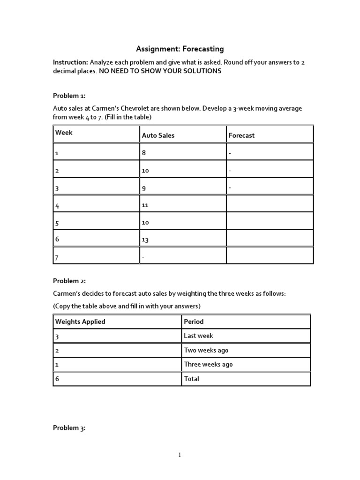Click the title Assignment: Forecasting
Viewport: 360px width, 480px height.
point(180,49)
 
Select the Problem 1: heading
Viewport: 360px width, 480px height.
point(69,96)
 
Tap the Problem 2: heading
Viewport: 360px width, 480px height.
point(69,281)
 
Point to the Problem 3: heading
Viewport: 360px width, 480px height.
point(69,427)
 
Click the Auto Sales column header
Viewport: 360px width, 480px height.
point(158,135)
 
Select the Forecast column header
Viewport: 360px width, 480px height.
point(241,135)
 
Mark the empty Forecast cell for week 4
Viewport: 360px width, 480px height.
point(270,203)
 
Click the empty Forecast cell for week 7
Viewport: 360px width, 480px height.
point(270,255)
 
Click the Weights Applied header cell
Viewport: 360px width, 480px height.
point(80,322)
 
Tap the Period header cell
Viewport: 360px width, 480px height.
point(194,322)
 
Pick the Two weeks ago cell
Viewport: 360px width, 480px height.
point(206,350)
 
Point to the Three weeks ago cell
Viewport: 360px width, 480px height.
point(208,364)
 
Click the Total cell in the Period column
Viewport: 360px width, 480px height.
point(192,379)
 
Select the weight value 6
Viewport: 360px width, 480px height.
point(57,379)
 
